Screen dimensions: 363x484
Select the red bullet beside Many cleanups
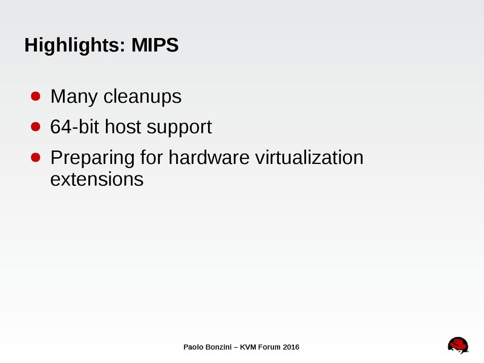[36, 96]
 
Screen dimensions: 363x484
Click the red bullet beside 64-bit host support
[36, 127]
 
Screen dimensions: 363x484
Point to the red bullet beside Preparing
[36, 157]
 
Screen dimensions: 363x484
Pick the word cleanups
[142, 97]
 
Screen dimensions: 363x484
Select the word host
[123, 128]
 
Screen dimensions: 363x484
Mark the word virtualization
[310, 158]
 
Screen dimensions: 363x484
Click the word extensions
[97, 180]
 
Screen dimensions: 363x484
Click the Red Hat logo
[458, 345]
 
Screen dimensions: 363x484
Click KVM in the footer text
[250, 347]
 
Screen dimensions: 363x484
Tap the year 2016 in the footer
[290, 347]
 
